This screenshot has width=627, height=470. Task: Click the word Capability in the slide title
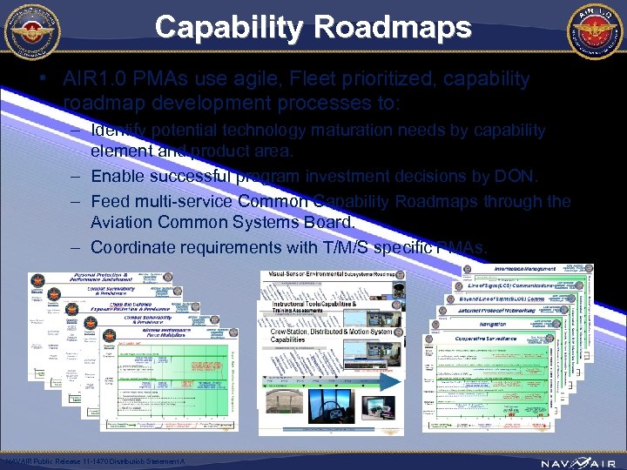point(227,27)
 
